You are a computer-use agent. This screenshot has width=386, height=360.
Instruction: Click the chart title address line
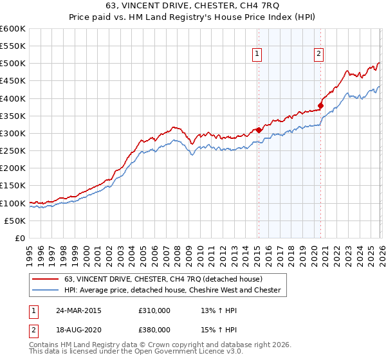(x=193, y=6)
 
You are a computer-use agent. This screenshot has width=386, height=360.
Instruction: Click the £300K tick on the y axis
(x=13, y=134)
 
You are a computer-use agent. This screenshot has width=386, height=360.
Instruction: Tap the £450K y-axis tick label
(x=13, y=81)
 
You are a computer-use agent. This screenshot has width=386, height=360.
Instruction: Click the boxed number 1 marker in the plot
(x=257, y=55)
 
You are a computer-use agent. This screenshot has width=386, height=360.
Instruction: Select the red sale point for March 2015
(x=259, y=130)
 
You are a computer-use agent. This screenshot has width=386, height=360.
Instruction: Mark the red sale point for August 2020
(x=320, y=105)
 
